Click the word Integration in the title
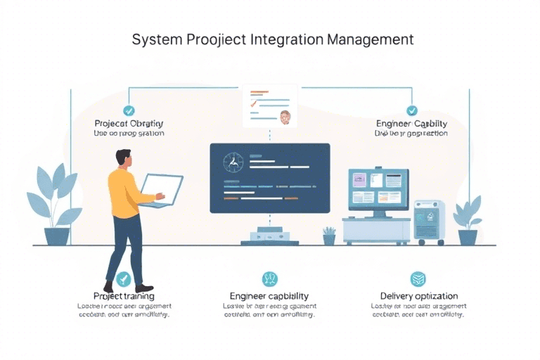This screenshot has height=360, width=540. pyautogui.click(x=287, y=39)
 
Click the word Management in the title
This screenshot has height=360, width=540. pyautogui.click(x=370, y=39)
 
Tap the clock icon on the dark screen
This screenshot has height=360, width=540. pyautogui.click(x=232, y=163)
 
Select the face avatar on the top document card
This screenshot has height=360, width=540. pyautogui.click(x=285, y=116)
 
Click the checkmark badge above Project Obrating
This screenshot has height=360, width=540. pyautogui.click(x=129, y=110)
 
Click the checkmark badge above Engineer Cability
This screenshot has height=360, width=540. pyautogui.click(x=412, y=110)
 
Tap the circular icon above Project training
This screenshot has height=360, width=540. pyautogui.click(x=124, y=279)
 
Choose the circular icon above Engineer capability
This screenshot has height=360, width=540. pyautogui.click(x=269, y=279)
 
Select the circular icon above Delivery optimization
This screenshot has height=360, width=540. pyautogui.click(x=418, y=279)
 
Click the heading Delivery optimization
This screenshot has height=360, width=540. pyautogui.click(x=418, y=296)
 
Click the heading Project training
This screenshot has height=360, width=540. pyautogui.click(x=124, y=296)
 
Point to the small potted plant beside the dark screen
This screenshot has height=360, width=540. pyautogui.click(x=329, y=236)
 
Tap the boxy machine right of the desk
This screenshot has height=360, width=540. pyautogui.click(x=428, y=222)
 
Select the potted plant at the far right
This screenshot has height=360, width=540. pyautogui.click(x=468, y=221)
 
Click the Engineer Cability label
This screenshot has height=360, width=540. pyautogui.click(x=411, y=124)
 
